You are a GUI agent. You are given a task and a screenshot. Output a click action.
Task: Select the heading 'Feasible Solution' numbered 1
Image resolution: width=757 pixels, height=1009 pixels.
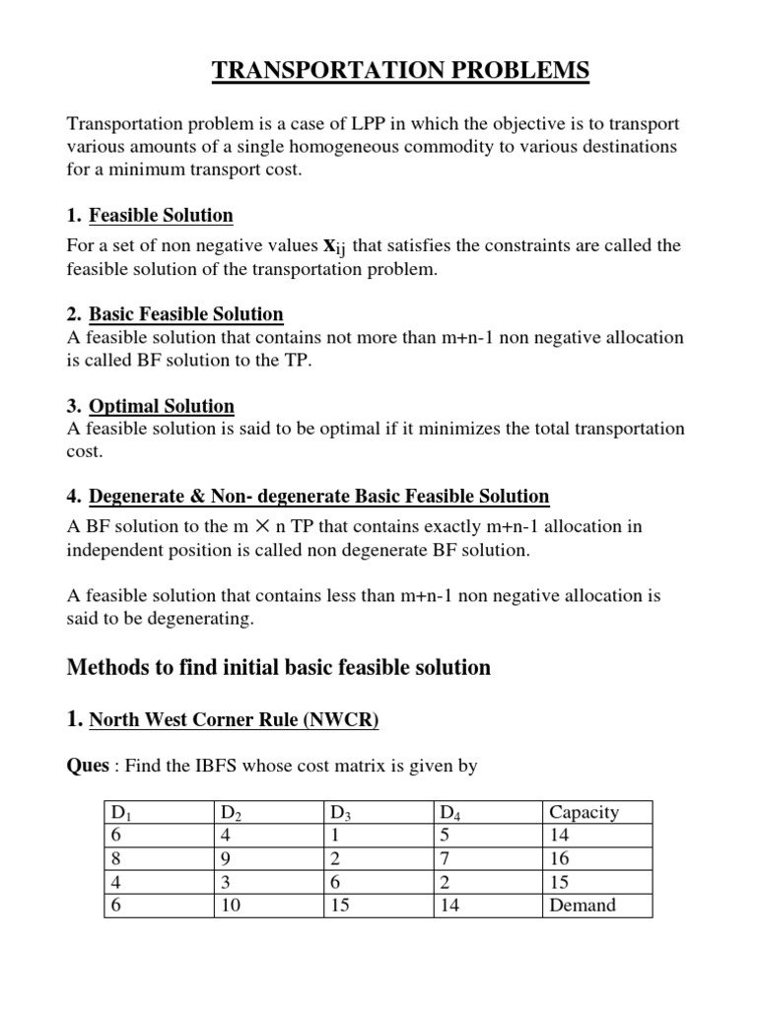click(161, 216)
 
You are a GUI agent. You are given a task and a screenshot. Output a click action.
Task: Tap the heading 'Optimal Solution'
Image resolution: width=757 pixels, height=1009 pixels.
click(162, 406)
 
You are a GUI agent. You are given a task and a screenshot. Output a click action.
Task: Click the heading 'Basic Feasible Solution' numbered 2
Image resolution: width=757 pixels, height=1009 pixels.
click(186, 314)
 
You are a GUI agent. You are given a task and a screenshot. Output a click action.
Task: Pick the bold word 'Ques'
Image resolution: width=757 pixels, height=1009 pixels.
click(87, 766)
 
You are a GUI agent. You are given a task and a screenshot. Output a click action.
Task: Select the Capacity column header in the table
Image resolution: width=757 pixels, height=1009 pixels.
click(584, 813)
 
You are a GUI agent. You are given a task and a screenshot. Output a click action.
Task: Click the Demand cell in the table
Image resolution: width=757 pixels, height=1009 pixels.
click(582, 906)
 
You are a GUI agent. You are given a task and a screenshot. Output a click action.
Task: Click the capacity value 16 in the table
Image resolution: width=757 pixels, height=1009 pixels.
click(560, 859)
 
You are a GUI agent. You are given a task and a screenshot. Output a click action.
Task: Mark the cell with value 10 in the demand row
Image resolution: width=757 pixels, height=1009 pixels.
click(232, 906)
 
